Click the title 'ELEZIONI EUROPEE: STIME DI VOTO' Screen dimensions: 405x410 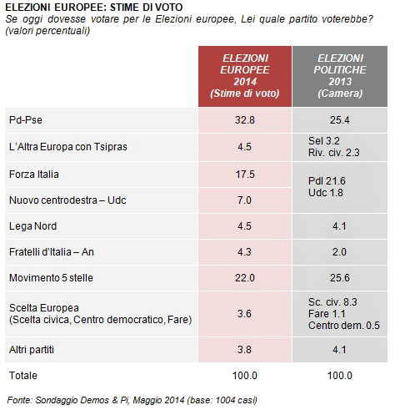(94, 8)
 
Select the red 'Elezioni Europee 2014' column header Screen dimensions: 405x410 (245, 76)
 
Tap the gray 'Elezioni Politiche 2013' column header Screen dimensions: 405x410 (340, 76)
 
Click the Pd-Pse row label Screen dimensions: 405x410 (26, 120)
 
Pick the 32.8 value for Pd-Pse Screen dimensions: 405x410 (245, 120)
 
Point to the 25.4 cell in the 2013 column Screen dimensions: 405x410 (340, 120)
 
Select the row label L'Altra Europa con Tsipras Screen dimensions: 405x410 (68, 147)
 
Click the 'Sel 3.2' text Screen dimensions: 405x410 (324, 141)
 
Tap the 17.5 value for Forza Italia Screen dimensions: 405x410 (245, 175)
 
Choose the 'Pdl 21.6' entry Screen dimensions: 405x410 (327, 181)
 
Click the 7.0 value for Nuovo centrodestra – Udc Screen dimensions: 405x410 (244, 200)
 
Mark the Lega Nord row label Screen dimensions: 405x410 (32, 226)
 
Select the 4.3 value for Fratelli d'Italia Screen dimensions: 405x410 (244, 252)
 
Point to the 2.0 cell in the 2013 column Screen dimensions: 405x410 (339, 252)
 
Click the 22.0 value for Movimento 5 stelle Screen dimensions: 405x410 (245, 278)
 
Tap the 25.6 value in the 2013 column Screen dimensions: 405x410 (340, 278)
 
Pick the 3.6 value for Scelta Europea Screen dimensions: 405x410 (244, 314)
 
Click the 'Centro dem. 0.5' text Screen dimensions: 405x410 (344, 326)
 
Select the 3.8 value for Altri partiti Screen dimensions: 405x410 (244, 350)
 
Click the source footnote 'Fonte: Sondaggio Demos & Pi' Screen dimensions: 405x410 (68, 400)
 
